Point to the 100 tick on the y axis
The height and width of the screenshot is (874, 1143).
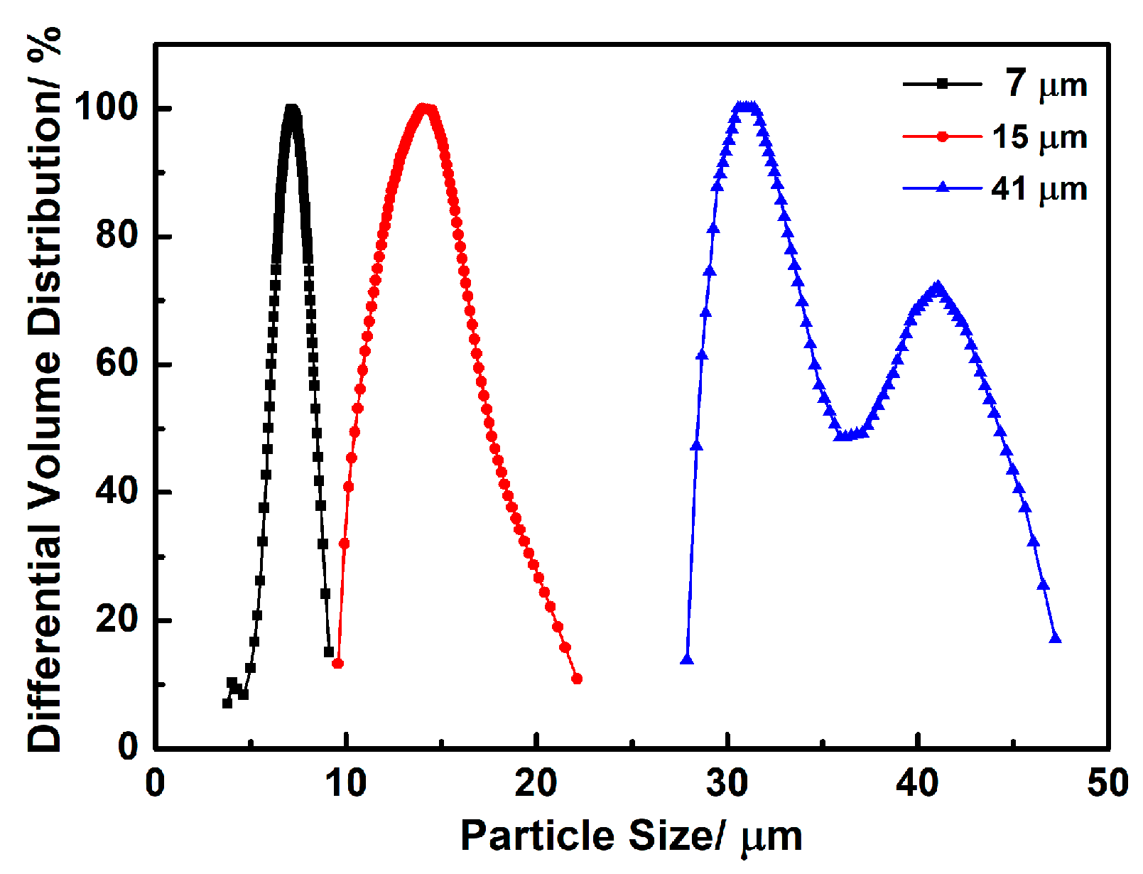tap(107, 108)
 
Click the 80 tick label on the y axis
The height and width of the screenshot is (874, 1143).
tap(117, 236)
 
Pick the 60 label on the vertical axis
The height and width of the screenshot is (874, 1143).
tap(117, 364)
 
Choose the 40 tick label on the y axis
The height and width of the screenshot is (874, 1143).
tap(117, 492)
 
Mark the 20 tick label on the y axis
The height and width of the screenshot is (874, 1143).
tap(117, 620)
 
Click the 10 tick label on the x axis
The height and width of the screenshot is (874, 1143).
tap(345, 783)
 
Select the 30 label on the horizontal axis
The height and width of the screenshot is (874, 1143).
tap(727, 783)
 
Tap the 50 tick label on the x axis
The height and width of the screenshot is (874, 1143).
tap(1107, 783)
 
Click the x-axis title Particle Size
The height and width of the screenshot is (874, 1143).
tap(631, 836)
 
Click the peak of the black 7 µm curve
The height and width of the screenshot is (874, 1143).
tap(291, 109)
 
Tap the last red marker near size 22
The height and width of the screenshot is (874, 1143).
tap(577, 679)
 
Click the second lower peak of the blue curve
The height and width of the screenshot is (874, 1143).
tap(938, 287)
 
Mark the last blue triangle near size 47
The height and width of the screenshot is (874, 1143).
tap(1055, 638)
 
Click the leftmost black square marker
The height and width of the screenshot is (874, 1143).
tap(227, 703)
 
